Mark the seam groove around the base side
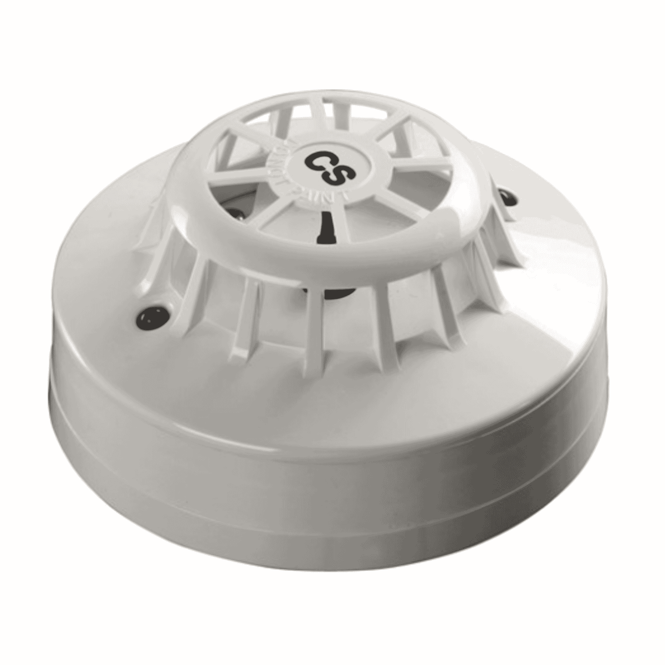(332, 438)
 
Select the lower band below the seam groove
(332, 488)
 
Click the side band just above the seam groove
(332, 405)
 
